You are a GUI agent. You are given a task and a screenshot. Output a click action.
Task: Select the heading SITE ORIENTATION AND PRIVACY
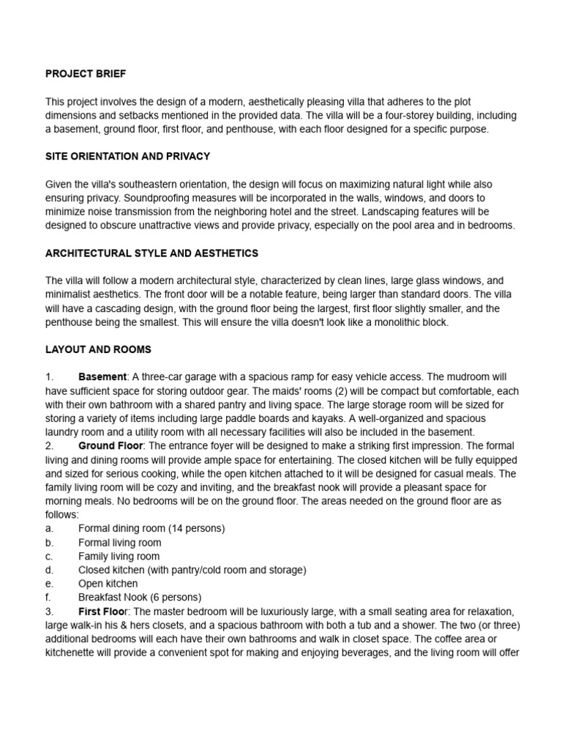127,156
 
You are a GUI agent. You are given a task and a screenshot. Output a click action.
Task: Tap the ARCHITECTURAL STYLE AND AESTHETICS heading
151,253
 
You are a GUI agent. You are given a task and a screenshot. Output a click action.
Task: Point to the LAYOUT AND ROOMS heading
98,349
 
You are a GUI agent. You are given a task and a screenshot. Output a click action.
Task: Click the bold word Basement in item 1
102,377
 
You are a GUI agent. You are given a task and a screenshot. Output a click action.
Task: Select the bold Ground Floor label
110,446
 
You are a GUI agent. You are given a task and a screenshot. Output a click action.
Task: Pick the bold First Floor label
103,611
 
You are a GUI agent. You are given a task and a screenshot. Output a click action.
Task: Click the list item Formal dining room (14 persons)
151,529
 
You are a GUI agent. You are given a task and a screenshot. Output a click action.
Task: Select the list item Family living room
119,556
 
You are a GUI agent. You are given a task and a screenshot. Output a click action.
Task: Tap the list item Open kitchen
108,584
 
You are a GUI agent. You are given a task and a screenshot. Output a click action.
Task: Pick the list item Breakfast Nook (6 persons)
139,597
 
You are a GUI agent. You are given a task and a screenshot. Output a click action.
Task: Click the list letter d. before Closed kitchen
49,570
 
